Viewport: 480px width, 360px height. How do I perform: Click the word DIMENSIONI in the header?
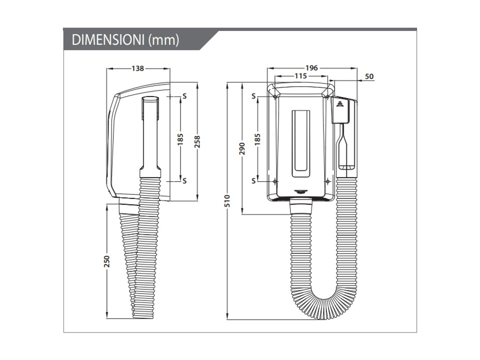[108, 40]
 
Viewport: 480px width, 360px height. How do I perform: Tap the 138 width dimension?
[138, 68]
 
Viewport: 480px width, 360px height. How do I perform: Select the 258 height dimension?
[197, 141]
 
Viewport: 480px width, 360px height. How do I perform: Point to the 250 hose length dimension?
[106, 261]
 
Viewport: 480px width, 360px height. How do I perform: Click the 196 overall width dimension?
[311, 68]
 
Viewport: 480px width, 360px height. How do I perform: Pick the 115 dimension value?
[300, 75]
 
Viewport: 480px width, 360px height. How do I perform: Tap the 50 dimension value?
[369, 76]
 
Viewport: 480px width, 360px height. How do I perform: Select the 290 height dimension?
[242, 148]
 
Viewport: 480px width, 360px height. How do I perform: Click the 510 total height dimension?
[227, 201]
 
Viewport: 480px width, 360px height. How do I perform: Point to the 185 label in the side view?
[180, 139]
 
